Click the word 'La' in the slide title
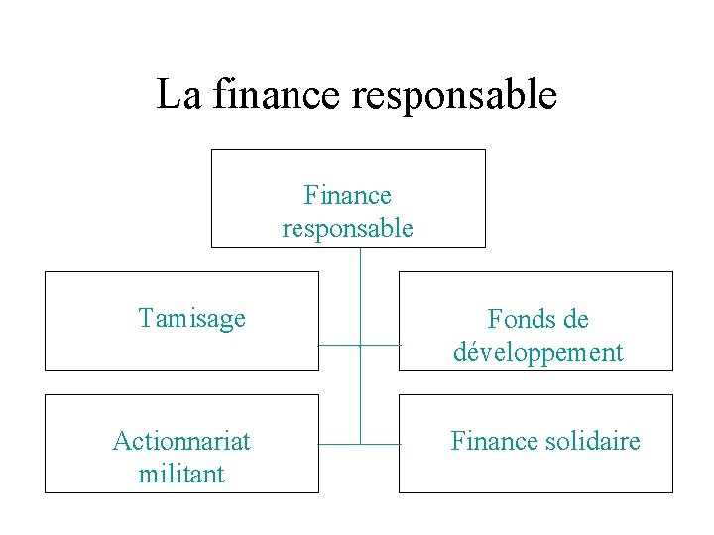[x=178, y=95]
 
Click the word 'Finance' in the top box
[x=348, y=196]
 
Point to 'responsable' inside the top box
[x=348, y=229]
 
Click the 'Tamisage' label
[x=192, y=319]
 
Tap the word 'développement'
[x=537, y=352]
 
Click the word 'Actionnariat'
[x=181, y=441]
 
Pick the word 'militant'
[x=181, y=474]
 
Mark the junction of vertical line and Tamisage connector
[x=360, y=345]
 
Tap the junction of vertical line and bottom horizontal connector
[x=360, y=444]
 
